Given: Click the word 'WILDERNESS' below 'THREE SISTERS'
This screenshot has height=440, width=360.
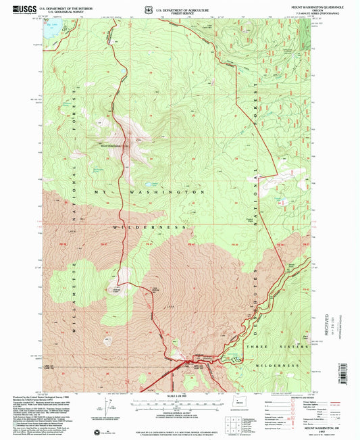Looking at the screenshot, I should (x=278, y=365).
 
